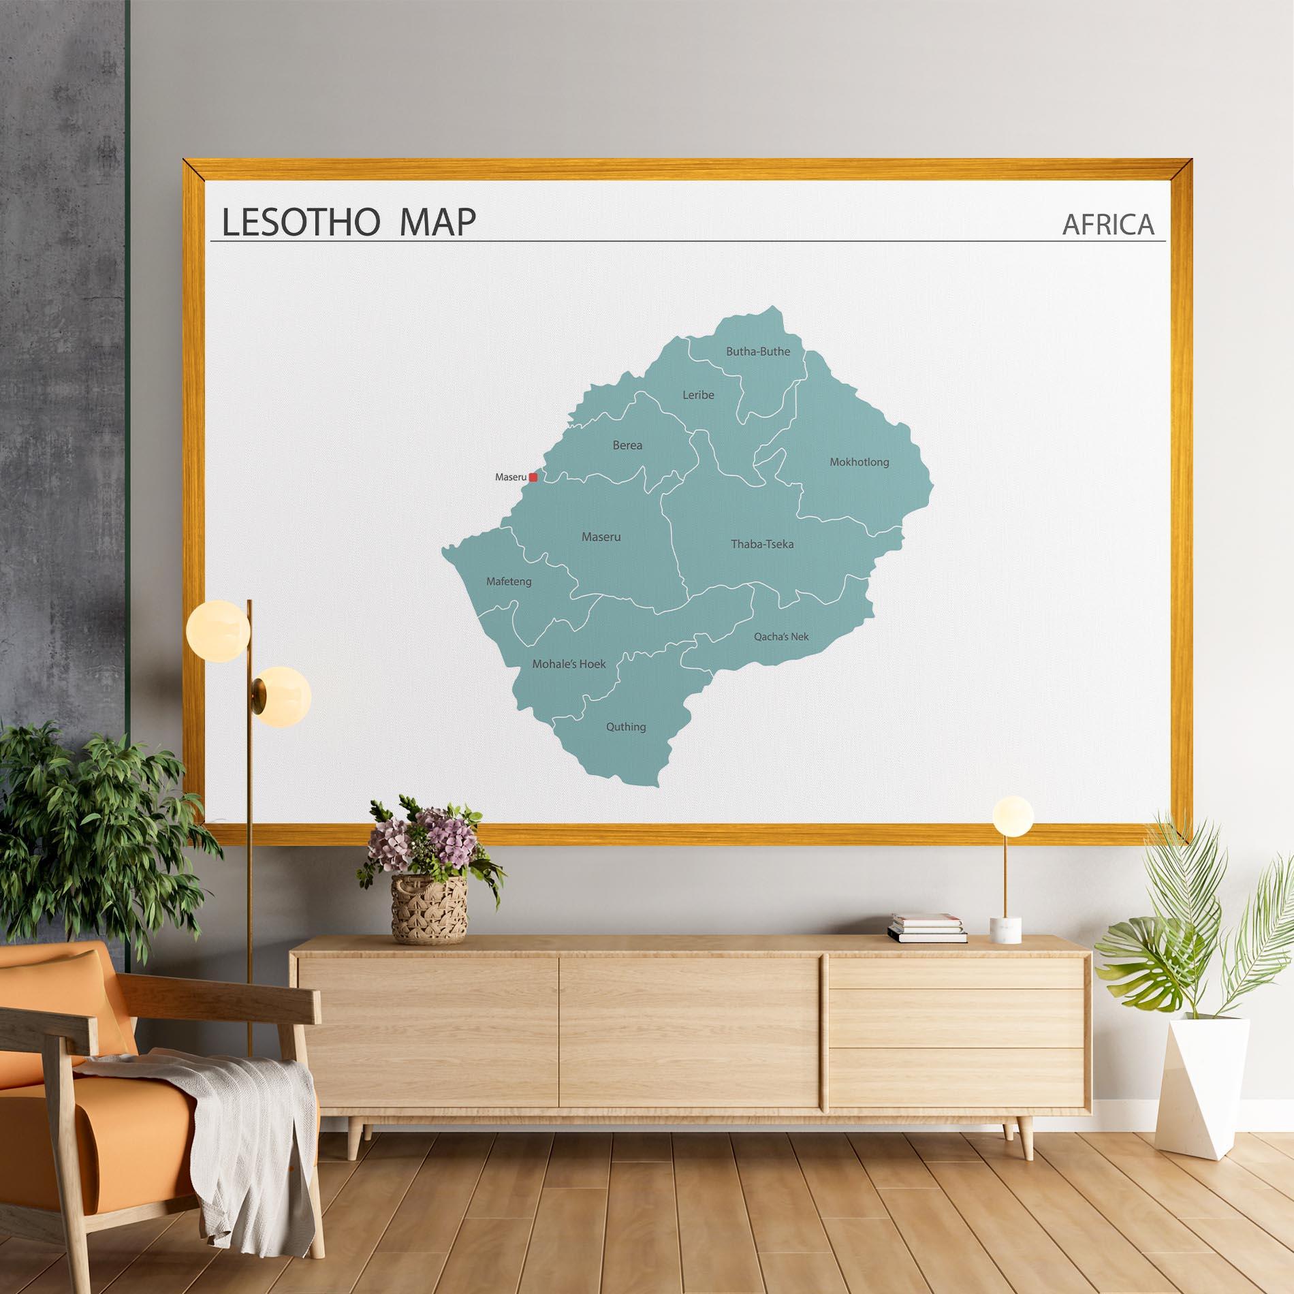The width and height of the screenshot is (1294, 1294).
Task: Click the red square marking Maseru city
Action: (533, 477)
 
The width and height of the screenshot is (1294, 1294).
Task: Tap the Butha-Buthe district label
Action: (758, 351)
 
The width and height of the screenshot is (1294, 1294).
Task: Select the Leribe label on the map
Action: (698, 394)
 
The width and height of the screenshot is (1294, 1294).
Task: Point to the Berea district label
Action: (627, 445)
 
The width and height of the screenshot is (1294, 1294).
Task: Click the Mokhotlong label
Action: (859, 462)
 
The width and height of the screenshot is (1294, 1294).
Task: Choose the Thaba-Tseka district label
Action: (762, 544)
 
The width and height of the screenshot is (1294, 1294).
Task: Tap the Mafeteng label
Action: (509, 582)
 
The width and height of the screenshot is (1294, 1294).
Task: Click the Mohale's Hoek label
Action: (569, 664)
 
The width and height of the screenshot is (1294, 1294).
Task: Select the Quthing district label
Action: (626, 727)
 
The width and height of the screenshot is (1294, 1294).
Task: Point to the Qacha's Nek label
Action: (781, 637)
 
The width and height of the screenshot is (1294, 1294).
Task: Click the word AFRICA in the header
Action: (1108, 225)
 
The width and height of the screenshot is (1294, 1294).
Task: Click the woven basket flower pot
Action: (429, 909)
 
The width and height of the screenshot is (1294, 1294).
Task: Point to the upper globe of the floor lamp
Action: (217, 628)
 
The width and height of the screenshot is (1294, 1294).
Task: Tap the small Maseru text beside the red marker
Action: (511, 477)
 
